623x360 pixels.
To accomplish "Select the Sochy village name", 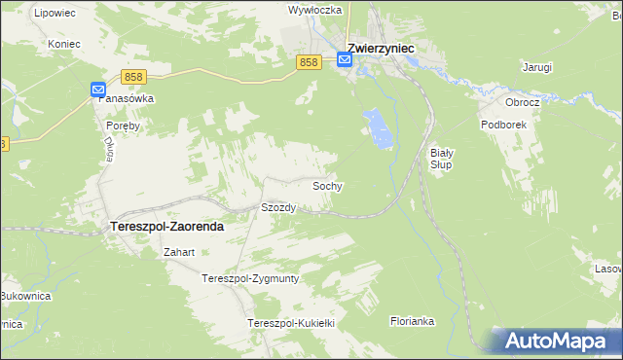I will coord(327,185).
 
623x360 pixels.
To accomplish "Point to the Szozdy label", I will coord(278,207).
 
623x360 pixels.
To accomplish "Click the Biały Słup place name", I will coord(442,159).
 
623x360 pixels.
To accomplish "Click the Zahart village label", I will coord(180,252).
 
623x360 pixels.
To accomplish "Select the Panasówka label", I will coord(128,99).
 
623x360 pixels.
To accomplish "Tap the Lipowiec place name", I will coord(54,14).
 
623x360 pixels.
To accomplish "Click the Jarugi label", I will coord(536,67).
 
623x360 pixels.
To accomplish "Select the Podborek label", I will coord(503,125).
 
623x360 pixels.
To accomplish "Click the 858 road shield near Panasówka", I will coord(134,76).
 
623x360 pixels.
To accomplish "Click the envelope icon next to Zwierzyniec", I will coord(345,60).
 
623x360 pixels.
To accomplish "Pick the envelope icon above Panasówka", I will coord(98,90).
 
